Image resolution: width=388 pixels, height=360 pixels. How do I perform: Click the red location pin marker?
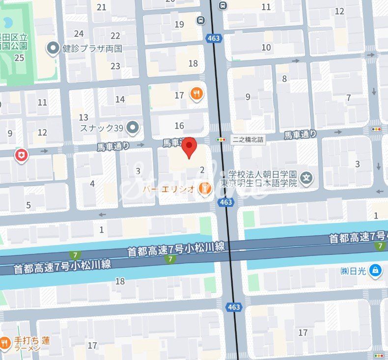[189, 148]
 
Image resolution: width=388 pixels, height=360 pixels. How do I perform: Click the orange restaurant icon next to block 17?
[196, 94]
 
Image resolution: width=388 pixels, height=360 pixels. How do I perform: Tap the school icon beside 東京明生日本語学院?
[306, 177]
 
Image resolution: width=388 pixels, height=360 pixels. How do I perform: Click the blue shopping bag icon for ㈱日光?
[375, 270]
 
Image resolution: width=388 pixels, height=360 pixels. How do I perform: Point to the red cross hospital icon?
[21, 156]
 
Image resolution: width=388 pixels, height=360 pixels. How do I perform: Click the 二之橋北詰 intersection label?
[248, 139]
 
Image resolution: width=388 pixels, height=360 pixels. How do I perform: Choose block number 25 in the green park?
[20, 57]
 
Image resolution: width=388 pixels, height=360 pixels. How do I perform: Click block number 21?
[102, 7]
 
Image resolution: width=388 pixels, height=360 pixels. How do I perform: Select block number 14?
[120, 99]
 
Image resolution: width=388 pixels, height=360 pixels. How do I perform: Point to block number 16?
[179, 126]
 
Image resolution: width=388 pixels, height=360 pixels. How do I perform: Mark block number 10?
[266, 47]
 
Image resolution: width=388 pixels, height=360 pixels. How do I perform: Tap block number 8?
[284, 79]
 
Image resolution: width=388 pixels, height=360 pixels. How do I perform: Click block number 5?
[28, 205]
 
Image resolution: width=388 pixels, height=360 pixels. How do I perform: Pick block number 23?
[115, 66]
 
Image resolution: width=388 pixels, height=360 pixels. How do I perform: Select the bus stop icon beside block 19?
[201, 20]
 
